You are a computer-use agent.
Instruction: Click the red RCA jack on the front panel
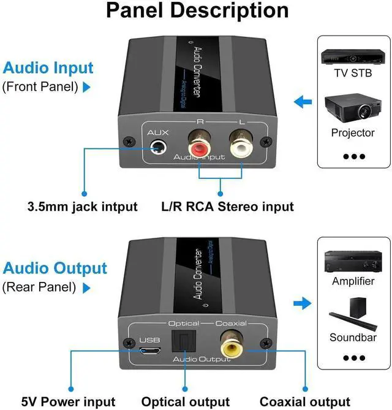[200, 146]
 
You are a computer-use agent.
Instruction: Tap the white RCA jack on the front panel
[241, 146]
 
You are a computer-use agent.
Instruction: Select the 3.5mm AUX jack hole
[158, 148]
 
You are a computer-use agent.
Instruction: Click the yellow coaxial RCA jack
[232, 345]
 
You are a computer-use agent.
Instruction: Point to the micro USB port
[150, 351]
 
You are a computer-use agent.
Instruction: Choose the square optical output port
[184, 341]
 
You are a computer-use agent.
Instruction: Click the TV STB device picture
[353, 57]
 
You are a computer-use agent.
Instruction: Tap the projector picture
[353, 108]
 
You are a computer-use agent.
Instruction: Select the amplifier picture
[353, 261]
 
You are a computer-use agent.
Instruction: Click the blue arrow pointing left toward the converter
[303, 102]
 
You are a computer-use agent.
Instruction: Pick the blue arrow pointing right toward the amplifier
[303, 303]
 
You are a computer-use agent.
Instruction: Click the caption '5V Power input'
[68, 401]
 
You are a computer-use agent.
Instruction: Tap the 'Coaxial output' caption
[304, 401]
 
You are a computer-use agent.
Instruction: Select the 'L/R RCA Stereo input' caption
[227, 207]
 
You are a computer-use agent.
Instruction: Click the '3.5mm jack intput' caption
[82, 207]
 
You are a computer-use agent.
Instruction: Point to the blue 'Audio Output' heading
[55, 268]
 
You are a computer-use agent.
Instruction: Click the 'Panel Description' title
[197, 10]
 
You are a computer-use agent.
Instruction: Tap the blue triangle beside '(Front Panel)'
[86, 87]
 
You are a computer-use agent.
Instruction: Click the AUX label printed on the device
[158, 132]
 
